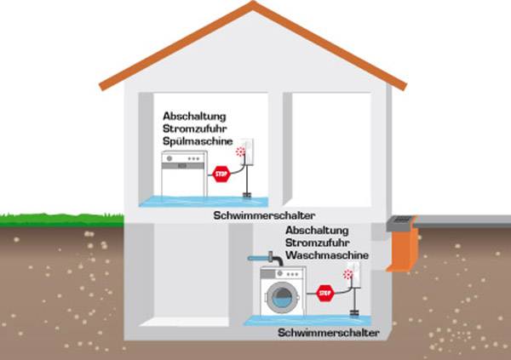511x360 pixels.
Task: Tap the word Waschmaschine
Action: pos(328,255)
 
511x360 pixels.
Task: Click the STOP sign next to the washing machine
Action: pos(324,293)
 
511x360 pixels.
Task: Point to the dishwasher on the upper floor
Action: pos(185,173)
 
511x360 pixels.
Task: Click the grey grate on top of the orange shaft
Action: pos(400,223)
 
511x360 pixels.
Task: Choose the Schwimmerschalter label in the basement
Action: pos(328,333)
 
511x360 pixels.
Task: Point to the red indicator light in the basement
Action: pos(347,274)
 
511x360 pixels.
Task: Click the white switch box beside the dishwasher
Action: pos(247,153)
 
